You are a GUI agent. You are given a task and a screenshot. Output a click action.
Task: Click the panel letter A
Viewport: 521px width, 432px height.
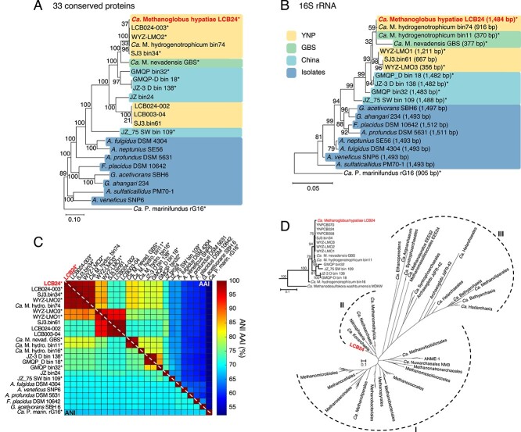click(x=7, y=7)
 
